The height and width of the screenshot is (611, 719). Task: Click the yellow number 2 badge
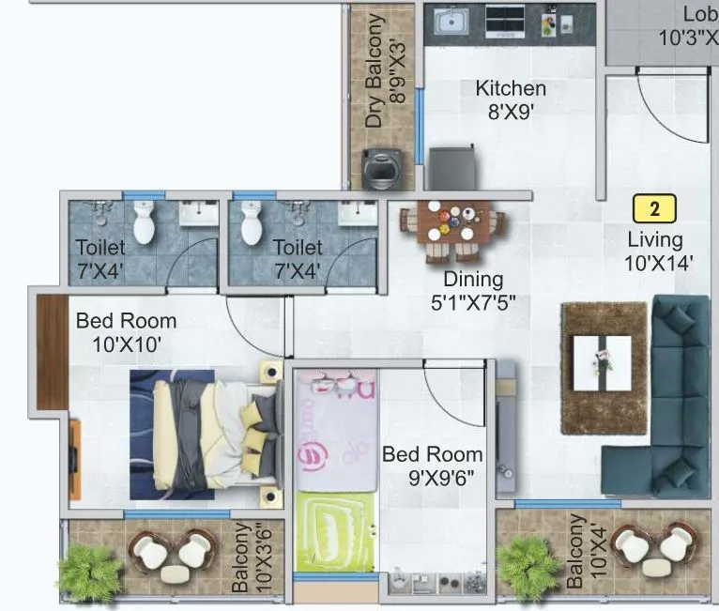click(654, 207)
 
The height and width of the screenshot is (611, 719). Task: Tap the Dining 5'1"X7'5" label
click(473, 290)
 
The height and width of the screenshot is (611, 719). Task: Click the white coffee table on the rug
click(602, 361)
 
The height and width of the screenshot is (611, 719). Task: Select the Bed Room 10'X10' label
click(126, 332)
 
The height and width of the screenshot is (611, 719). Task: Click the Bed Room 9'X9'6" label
click(432, 466)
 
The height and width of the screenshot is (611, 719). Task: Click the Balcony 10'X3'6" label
click(252, 558)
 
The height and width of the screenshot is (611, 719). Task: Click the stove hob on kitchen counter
click(504, 20)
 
